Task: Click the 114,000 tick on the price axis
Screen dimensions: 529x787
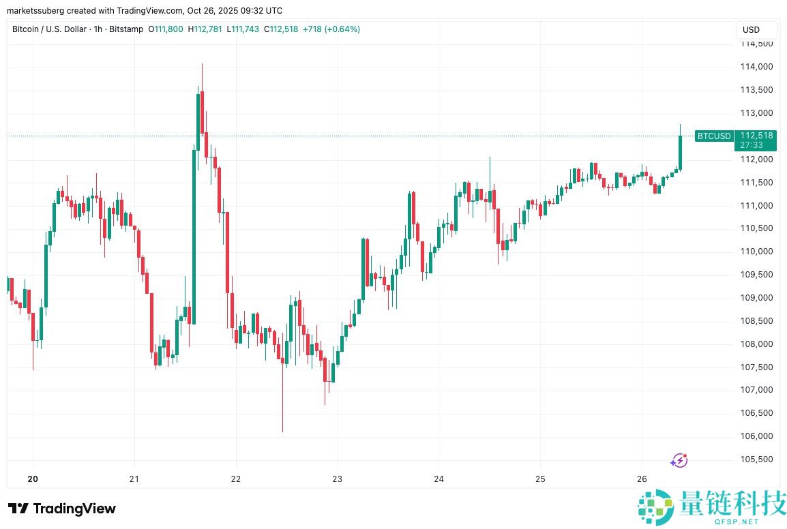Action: coord(756,67)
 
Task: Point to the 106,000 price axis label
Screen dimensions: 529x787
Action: coord(756,436)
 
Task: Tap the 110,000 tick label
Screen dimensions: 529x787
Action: coord(756,252)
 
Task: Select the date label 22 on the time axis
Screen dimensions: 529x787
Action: coord(236,479)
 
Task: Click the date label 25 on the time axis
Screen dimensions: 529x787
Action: coord(540,479)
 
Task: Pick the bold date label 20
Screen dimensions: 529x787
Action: coord(33,479)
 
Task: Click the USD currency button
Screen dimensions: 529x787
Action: coord(751,30)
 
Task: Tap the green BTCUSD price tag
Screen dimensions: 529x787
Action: coord(714,136)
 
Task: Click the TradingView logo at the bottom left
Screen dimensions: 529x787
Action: coord(62,509)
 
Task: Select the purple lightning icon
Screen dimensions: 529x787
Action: coord(678,461)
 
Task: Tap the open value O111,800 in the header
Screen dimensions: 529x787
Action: coord(166,29)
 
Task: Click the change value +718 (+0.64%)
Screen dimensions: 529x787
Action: coord(332,29)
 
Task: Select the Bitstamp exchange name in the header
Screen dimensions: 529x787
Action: coord(126,29)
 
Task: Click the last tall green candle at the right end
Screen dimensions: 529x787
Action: coord(680,152)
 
